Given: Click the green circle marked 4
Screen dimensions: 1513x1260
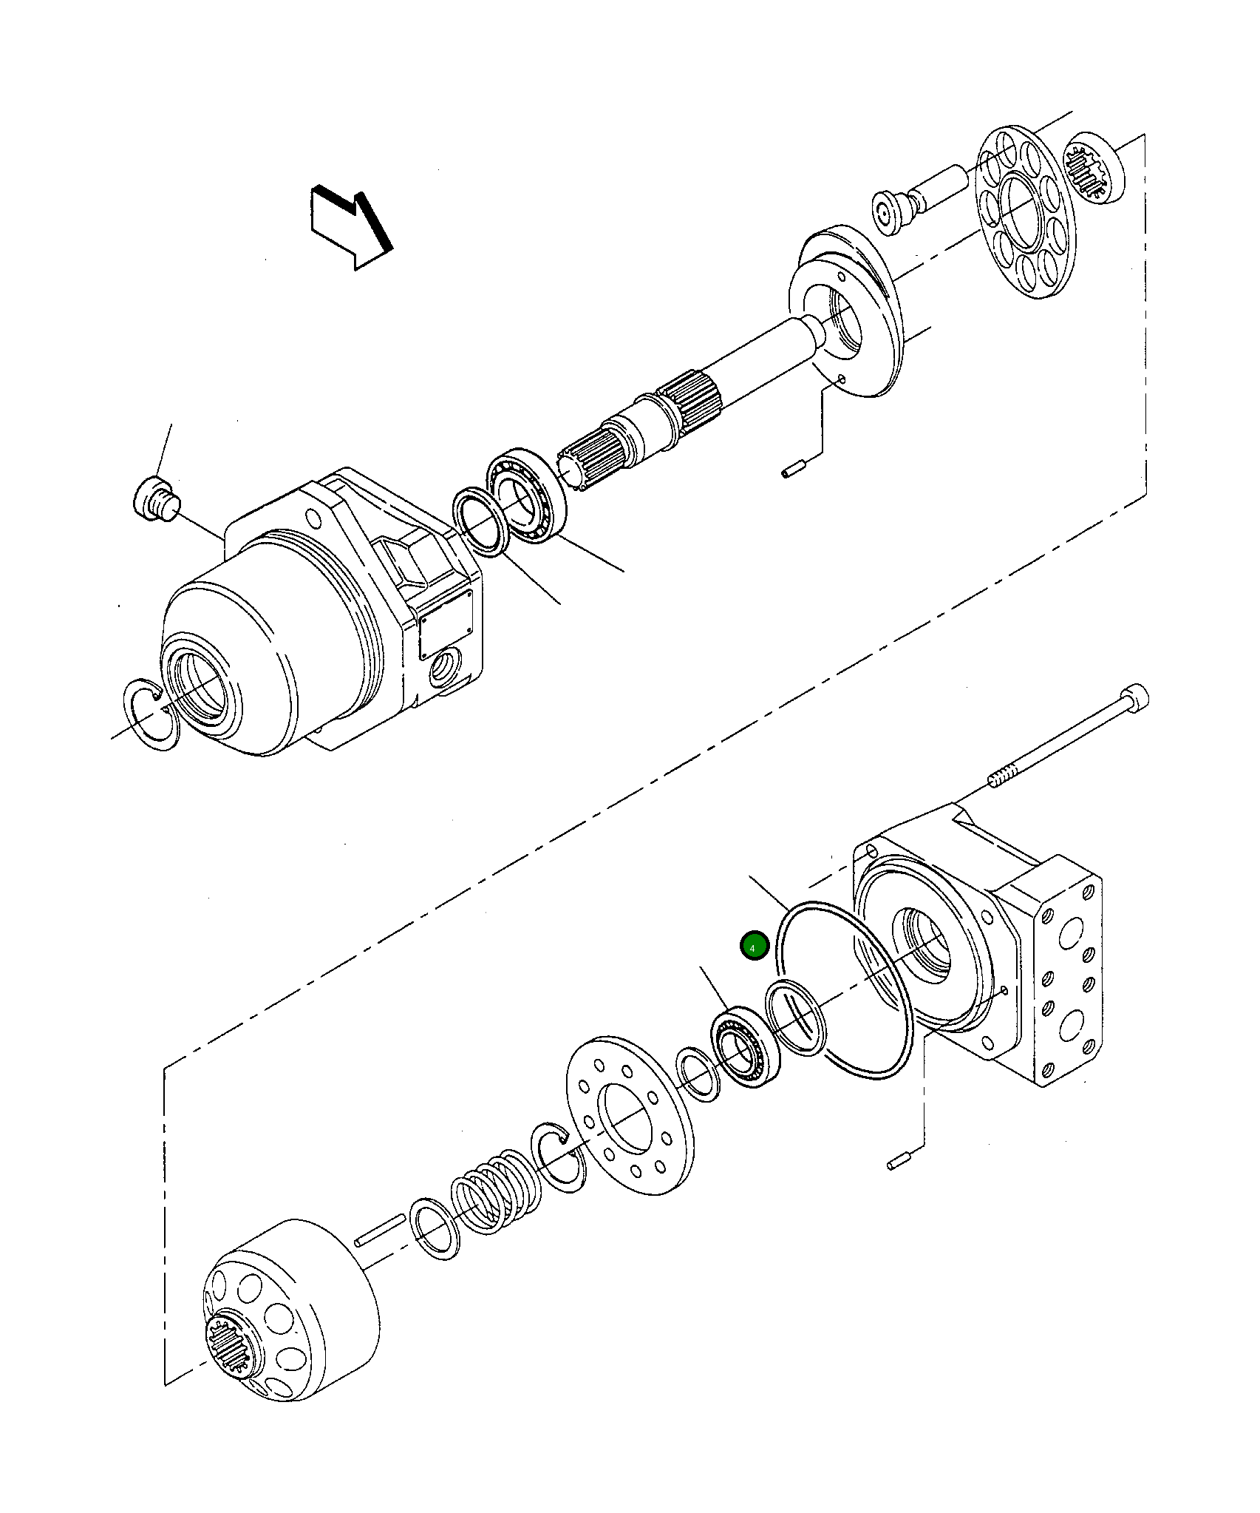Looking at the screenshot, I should coord(755,947).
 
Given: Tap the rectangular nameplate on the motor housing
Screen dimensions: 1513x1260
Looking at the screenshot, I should coord(446,624).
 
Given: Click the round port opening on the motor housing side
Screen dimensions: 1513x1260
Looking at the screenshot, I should coord(446,664).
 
